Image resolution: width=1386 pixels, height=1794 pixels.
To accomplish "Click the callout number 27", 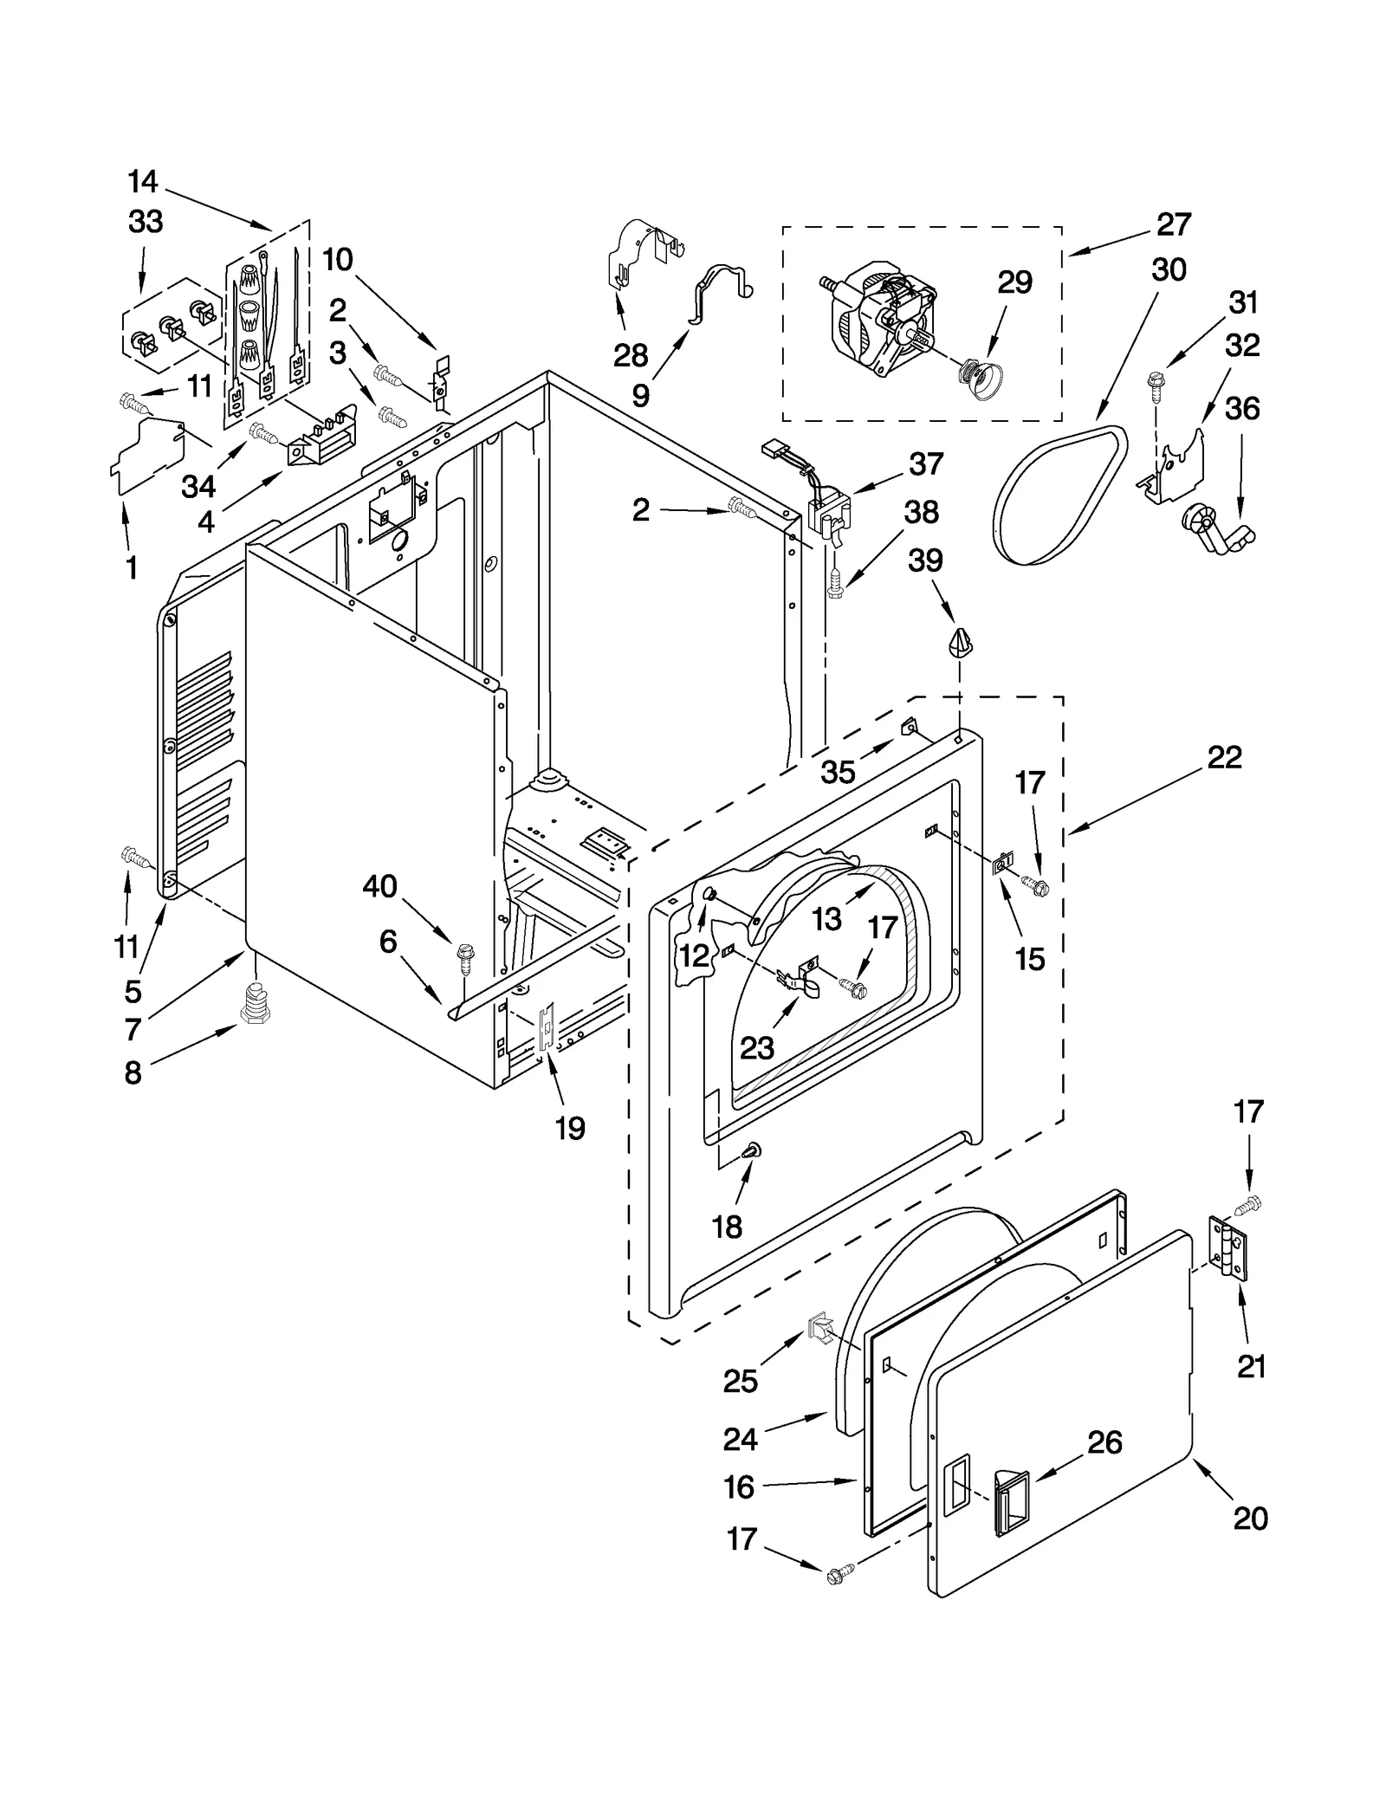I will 1173,224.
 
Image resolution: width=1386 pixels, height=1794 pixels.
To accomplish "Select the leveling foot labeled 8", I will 254,1005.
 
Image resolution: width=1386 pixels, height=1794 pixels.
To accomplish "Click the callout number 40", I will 379,886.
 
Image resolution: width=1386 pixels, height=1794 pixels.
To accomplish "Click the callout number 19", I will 570,1128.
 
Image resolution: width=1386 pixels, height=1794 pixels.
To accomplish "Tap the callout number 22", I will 1224,757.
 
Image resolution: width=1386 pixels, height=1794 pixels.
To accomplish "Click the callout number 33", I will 146,222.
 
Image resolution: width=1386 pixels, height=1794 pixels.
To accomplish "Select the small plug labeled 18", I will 751,1150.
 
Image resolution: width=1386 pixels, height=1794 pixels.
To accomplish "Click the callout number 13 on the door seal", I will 826,919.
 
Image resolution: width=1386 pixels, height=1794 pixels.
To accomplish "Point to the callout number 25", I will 740,1382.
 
